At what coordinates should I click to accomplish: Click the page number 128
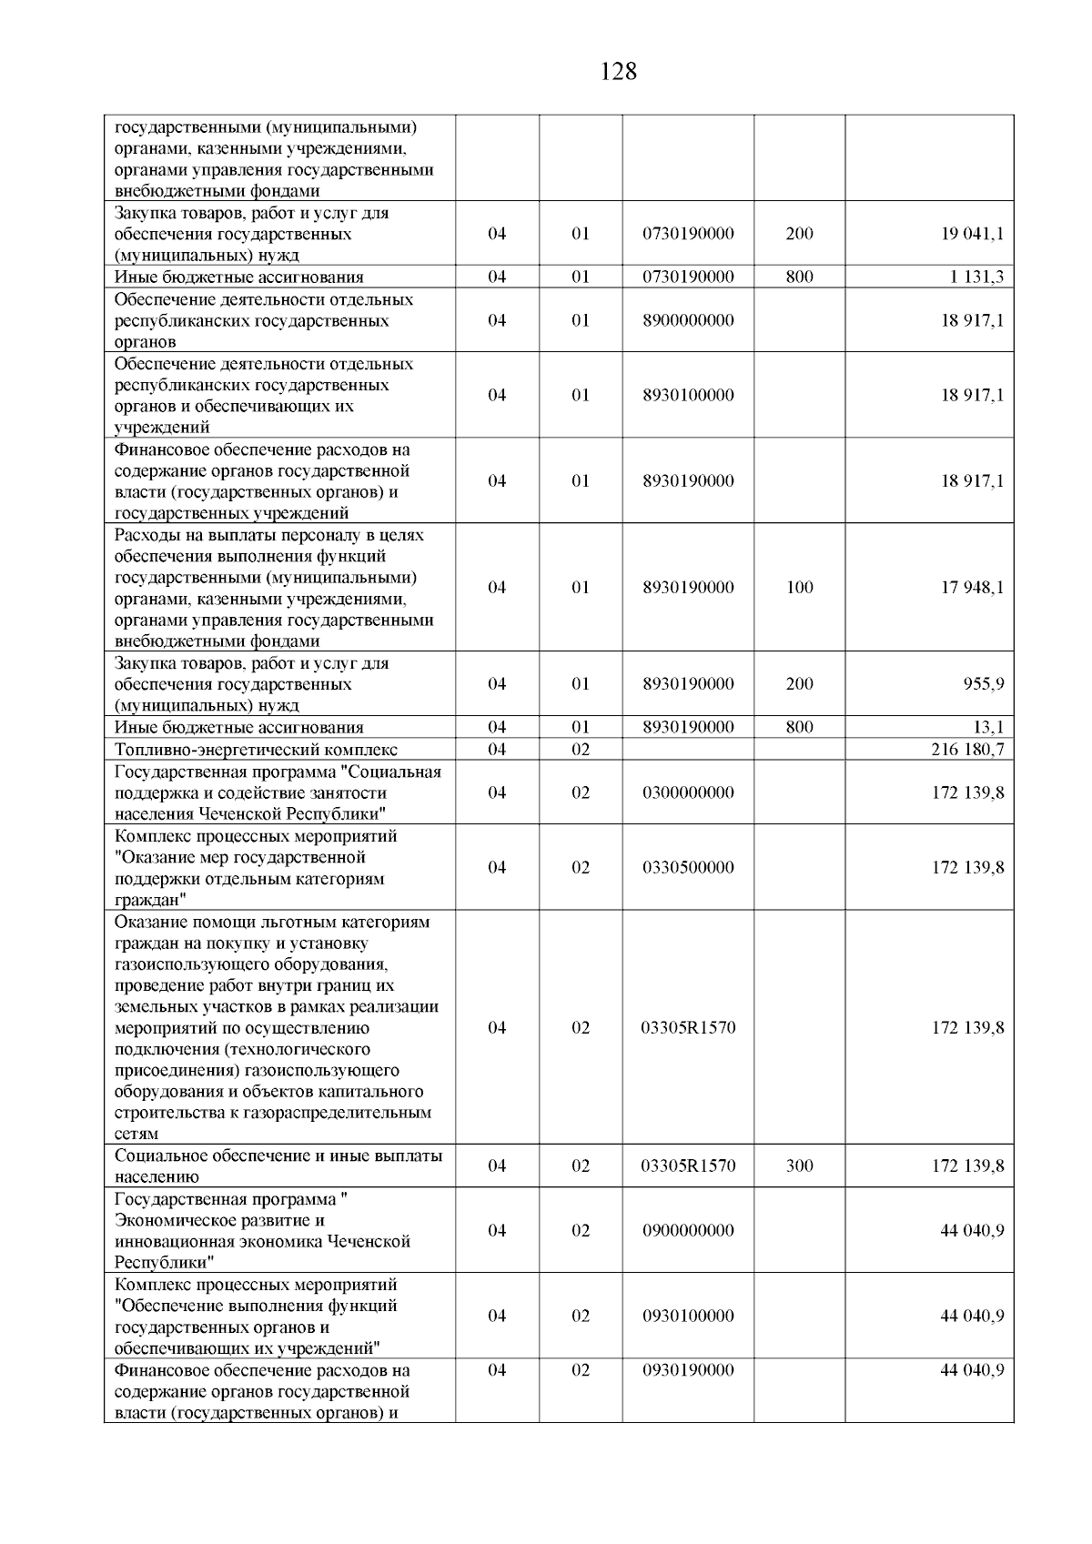coord(619,72)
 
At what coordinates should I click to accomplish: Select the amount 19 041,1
coord(972,234)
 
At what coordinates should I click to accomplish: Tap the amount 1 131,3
coord(976,278)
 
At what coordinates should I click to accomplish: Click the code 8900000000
coord(688,320)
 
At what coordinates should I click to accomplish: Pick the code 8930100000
coord(688,395)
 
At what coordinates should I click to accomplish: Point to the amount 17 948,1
coord(972,588)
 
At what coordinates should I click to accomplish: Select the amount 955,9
coord(984,684)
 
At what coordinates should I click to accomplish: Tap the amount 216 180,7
coord(967,750)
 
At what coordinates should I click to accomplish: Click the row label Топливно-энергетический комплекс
coord(256,750)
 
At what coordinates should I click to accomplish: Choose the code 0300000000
coord(688,792)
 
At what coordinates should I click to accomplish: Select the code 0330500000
coord(688,867)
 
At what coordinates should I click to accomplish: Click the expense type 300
coord(799,1166)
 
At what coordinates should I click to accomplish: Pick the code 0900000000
coord(688,1230)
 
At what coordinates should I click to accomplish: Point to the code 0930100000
coord(688,1316)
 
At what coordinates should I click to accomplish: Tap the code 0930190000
coord(688,1370)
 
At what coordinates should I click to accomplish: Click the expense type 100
coord(799,588)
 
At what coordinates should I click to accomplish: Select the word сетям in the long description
coord(136,1135)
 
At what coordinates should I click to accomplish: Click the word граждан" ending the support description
coord(151,900)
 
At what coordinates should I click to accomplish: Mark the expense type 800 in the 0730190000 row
coord(799,278)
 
